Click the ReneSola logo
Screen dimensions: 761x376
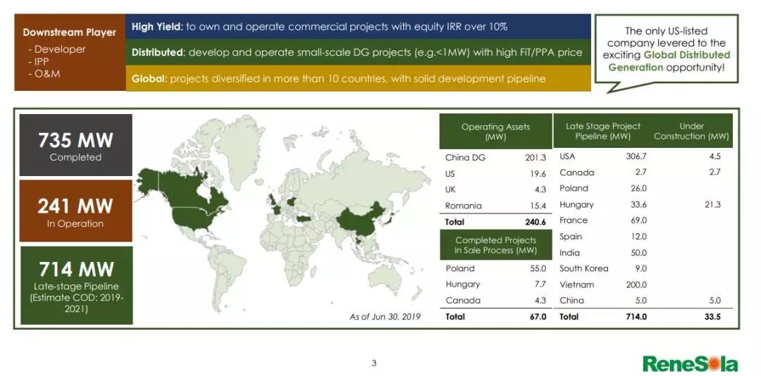click(x=690, y=363)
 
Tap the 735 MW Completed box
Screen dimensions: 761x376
click(x=75, y=145)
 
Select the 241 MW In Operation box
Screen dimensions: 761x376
click(x=75, y=211)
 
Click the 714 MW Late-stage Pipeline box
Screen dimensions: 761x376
click(x=76, y=285)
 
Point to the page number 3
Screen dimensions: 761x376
click(x=373, y=363)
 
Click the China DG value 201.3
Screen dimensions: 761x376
click(x=536, y=157)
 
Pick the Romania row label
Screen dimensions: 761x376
click(x=463, y=206)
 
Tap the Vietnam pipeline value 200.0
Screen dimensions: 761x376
click(x=636, y=284)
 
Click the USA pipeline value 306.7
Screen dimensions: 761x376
click(x=636, y=156)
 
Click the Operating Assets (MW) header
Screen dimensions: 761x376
click(x=495, y=132)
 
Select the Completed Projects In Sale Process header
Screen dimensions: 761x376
click(x=495, y=245)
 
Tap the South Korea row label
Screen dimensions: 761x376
click(x=584, y=268)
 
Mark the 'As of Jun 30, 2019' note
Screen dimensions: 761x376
click(x=385, y=317)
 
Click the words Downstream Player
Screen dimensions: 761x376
click(x=69, y=32)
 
